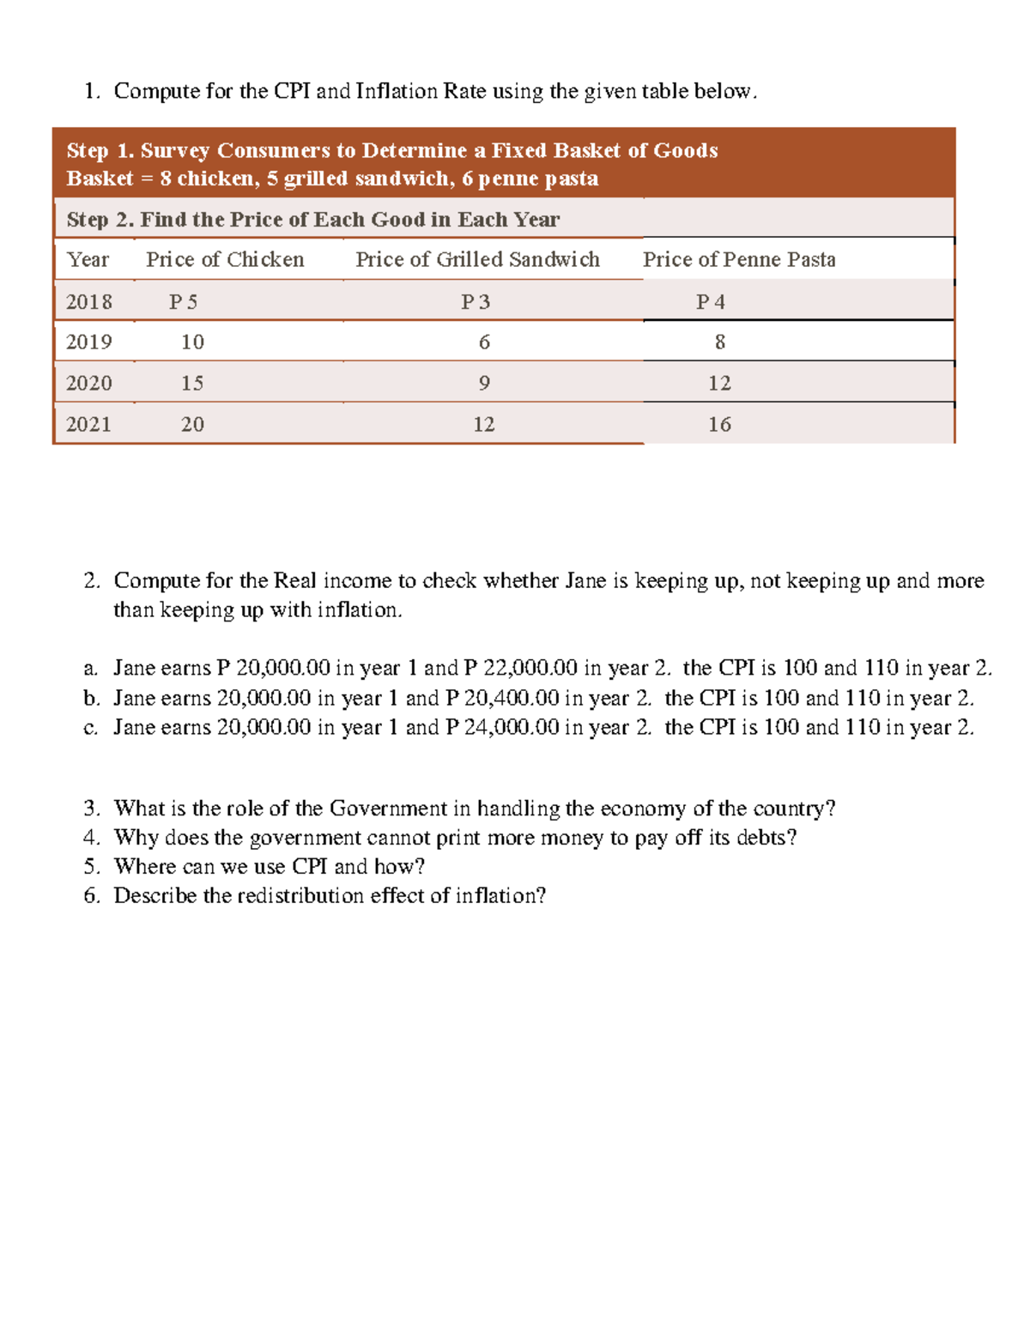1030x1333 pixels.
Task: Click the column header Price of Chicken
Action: tap(225, 259)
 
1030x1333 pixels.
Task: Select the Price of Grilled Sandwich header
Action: tap(477, 259)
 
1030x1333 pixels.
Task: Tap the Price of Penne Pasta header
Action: tap(739, 259)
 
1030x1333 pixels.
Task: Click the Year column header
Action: tap(88, 259)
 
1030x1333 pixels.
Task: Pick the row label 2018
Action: tap(88, 301)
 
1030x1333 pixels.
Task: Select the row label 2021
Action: tap(88, 424)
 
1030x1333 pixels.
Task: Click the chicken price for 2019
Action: tap(192, 342)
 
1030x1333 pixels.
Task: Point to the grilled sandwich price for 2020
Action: tap(484, 383)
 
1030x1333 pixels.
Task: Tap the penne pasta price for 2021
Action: tap(719, 424)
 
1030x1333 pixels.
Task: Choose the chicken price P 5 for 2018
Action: tap(183, 301)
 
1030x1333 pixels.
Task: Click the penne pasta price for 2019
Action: tap(719, 342)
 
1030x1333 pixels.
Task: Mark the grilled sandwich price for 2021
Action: tap(484, 424)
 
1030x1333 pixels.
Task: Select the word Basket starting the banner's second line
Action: tap(100, 179)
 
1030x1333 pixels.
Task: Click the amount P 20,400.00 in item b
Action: tap(502, 698)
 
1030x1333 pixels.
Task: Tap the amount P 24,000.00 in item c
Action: tap(502, 727)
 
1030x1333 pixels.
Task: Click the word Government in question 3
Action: tap(388, 808)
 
